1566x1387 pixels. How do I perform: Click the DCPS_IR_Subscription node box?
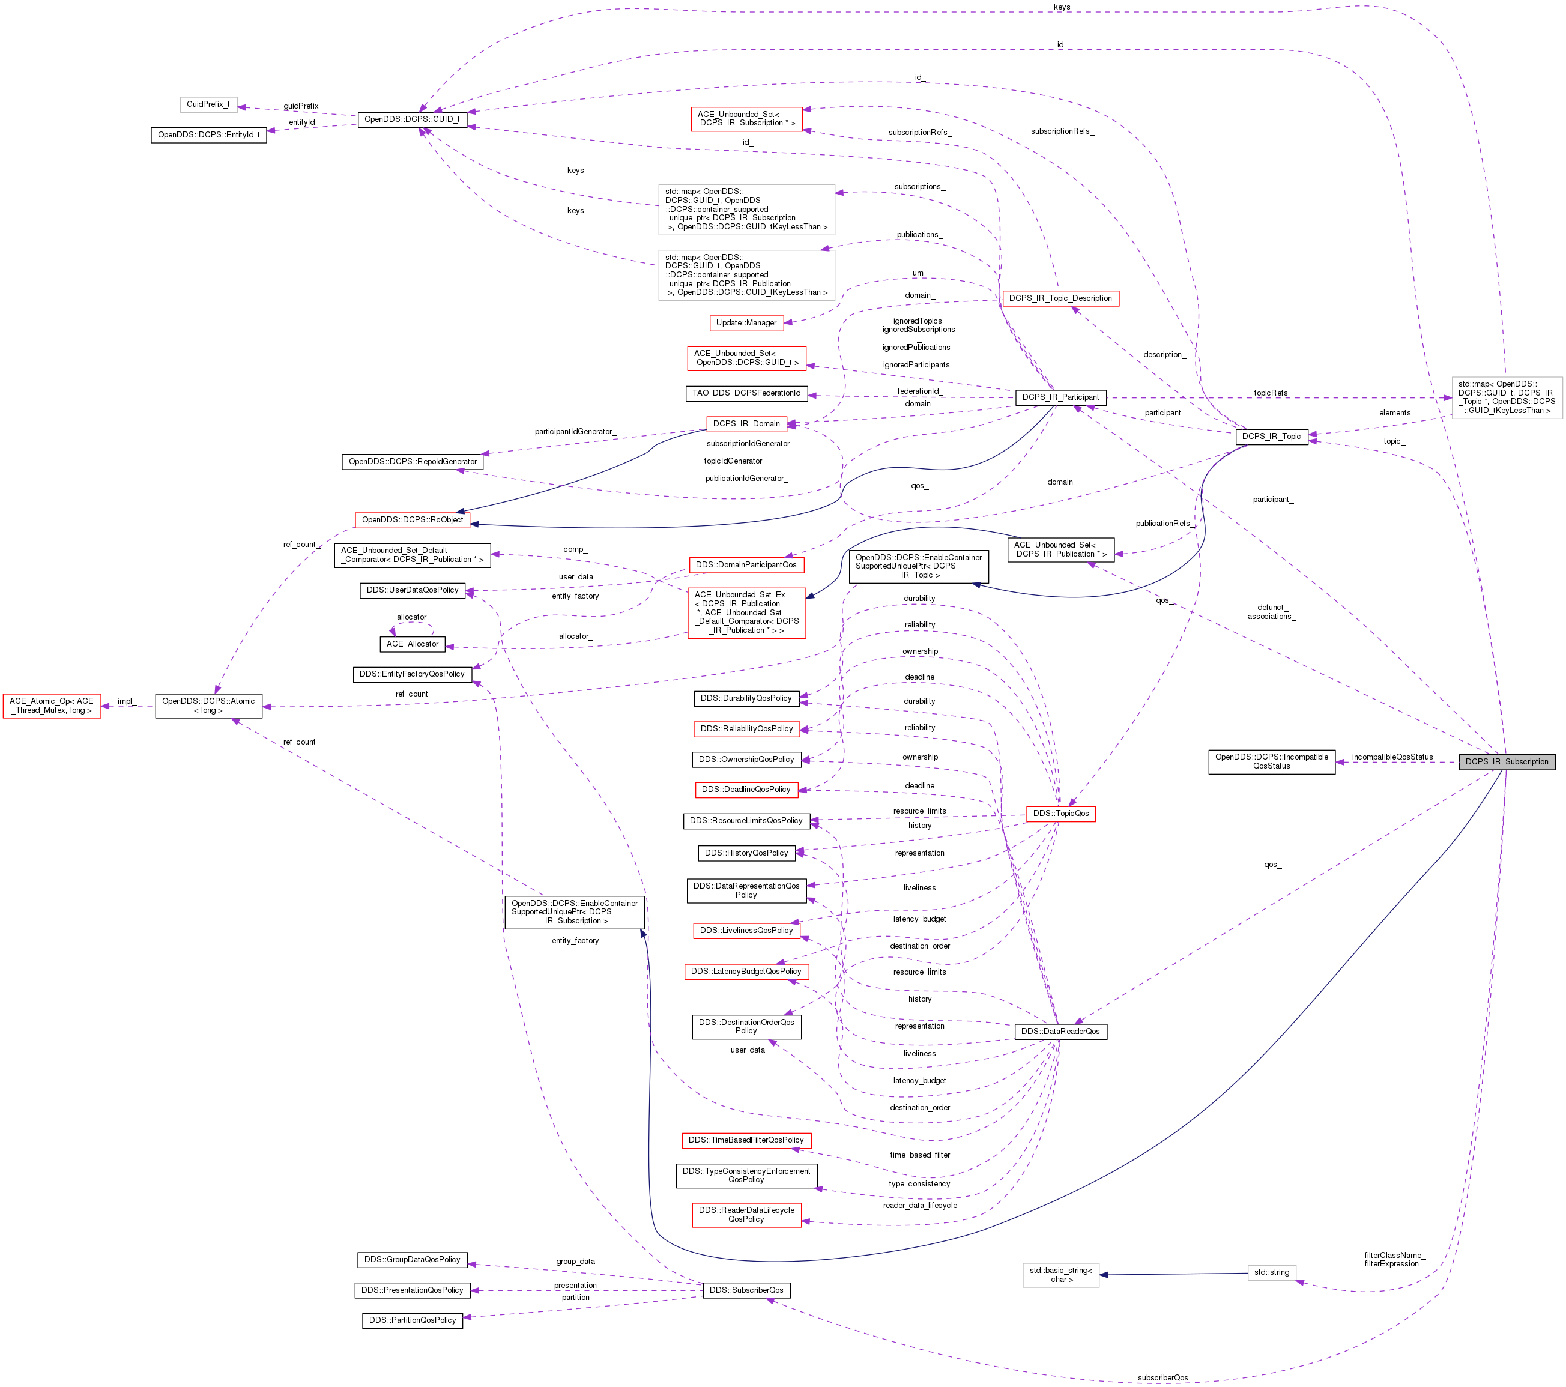pyautogui.click(x=1506, y=762)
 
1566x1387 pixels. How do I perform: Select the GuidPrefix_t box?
pyautogui.click(x=208, y=104)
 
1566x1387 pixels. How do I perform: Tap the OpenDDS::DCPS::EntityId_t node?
pyautogui.click(x=208, y=135)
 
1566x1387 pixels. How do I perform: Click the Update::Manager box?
pyautogui.click(x=746, y=322)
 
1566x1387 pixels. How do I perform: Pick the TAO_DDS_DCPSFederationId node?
pyautogui.click(x=746, y=393)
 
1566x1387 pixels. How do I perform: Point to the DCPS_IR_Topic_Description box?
pyautogui.click(x=1060, y=298)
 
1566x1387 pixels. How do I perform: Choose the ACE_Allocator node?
pyautogui.click(x=412, y=644)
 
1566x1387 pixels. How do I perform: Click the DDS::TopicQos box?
pyautogui.click(x=1060, y=813)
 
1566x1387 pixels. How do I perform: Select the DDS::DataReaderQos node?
pyautogui.click(x=1060, y=1031)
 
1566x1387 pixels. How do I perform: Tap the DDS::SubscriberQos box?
pyautogui.click(x=746, y=1290)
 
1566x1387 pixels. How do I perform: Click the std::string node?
pyautogui.click(x=1271, y=1272)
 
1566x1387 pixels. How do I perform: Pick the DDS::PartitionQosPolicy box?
pyautogui.click(x=412, y=1320)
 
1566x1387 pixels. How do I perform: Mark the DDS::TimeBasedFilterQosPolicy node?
pyautogui.click(x=746, y=1140)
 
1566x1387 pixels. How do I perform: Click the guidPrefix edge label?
pyautogui.click(x=300, y=106)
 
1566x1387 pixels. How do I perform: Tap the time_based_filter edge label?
pyautogui.click(x=919, y=1154)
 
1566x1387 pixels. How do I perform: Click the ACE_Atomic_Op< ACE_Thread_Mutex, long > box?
pyautogui.click(x=51, y=705)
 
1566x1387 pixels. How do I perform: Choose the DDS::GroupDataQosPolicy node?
pyautogui.click(x=412, y=1259)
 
